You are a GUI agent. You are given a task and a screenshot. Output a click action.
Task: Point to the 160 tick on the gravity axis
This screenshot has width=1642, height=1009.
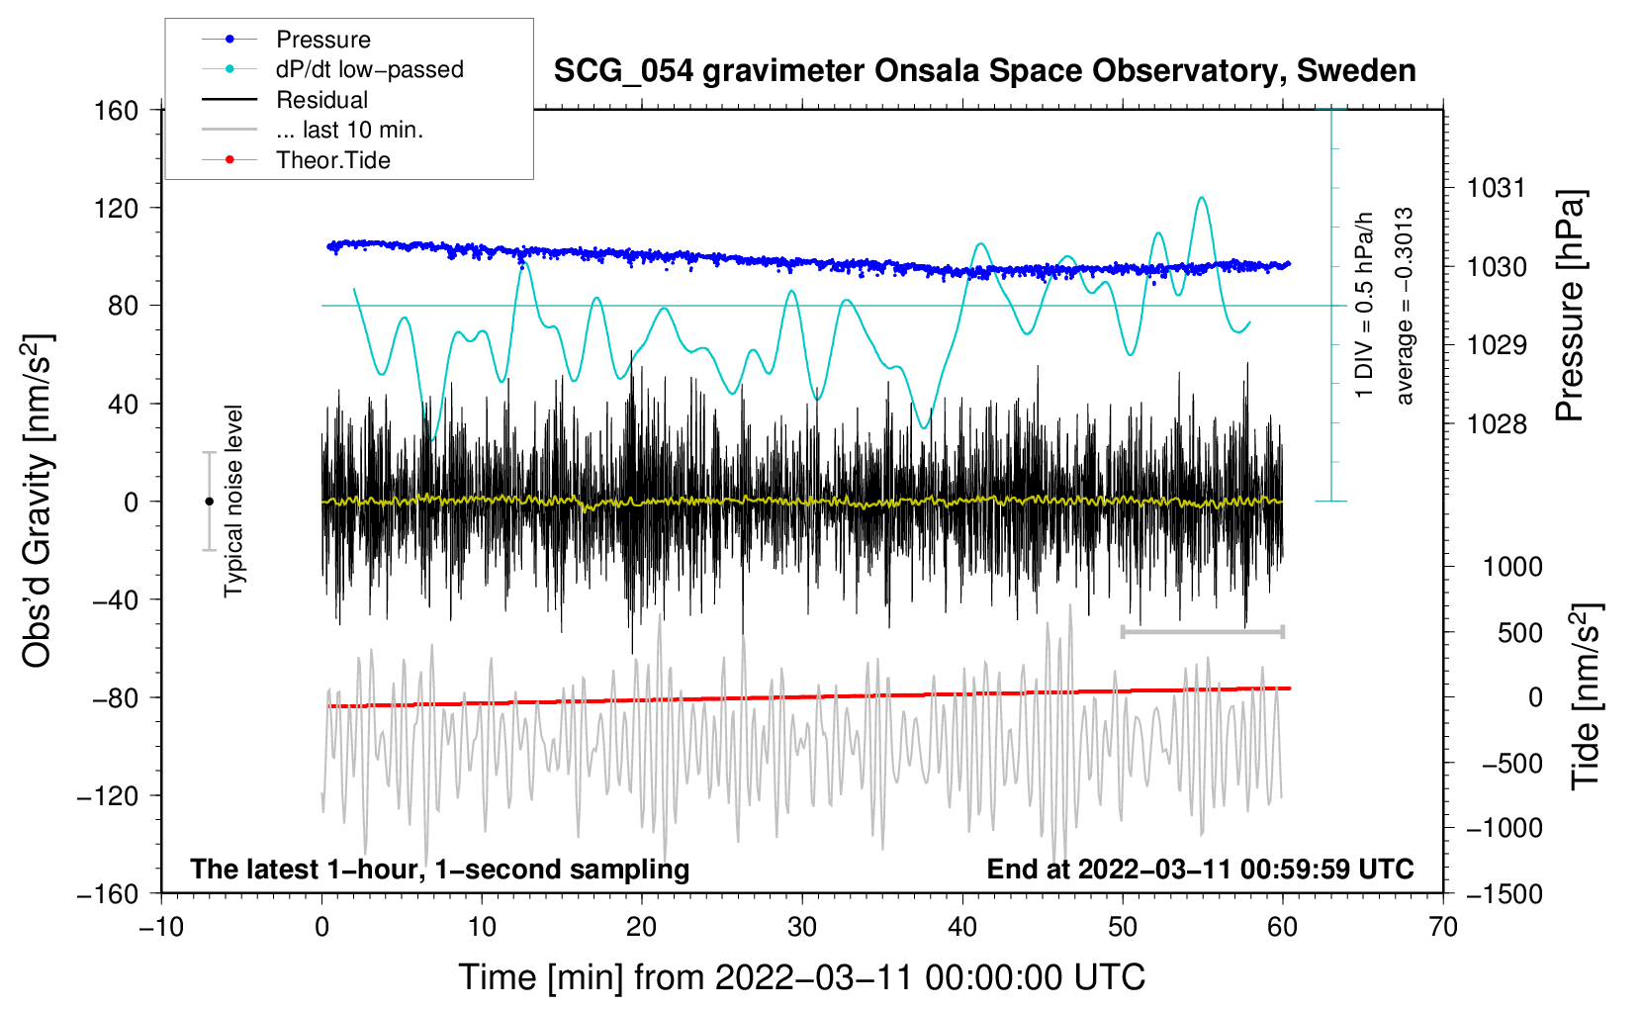point(117,110)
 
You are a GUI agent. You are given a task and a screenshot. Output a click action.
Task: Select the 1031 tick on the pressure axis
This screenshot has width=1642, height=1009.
point(1497,188)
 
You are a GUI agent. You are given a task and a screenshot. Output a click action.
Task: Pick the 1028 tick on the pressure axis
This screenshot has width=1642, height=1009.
point(1497,424)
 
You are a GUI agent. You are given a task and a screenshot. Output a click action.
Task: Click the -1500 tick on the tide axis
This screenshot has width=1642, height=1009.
point(1504,893)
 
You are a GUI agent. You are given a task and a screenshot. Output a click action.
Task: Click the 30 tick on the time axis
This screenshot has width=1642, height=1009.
point(802,927)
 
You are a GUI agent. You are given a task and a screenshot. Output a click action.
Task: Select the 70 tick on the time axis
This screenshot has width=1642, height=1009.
point(1443,927)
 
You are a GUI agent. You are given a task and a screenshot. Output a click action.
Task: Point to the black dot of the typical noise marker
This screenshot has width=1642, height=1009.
point(210,502)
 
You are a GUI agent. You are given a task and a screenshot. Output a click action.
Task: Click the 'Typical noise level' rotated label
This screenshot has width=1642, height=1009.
point(233,502)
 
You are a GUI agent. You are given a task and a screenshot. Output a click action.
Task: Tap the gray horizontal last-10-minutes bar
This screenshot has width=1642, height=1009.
point(1202,631)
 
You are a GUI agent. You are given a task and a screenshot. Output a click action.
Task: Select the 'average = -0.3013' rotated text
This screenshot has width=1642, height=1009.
point(1404,306)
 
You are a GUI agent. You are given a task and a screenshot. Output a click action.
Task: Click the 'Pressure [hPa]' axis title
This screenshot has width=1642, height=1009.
point(1570,306)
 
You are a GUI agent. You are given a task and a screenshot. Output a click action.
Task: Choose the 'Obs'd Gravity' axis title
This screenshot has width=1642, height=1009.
point(38,502)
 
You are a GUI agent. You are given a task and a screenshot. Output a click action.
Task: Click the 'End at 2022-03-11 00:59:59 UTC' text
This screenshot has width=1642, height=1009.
point(1200,870)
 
